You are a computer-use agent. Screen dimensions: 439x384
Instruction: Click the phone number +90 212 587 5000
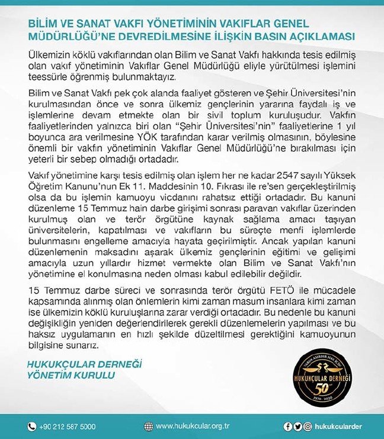68,427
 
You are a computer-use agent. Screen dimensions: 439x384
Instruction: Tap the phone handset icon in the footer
32,427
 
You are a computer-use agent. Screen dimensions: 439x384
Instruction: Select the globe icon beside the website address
148,427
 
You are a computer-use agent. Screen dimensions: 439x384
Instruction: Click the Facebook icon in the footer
288,427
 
